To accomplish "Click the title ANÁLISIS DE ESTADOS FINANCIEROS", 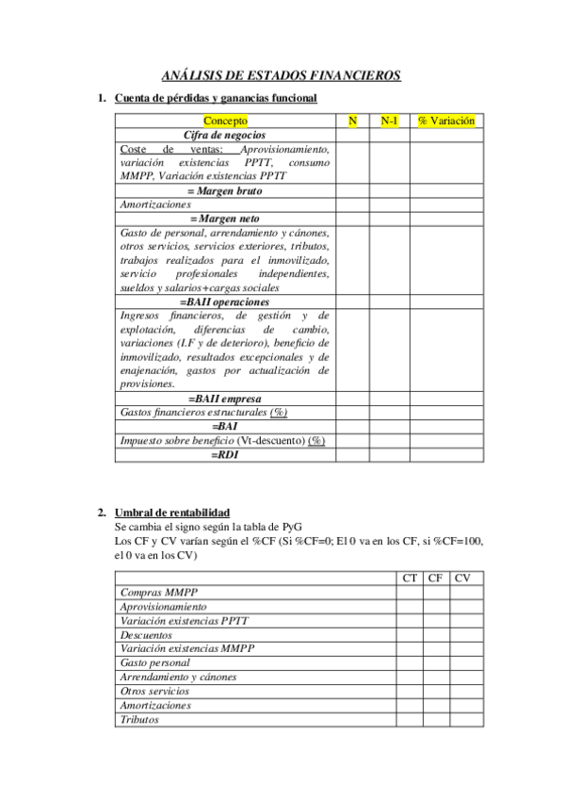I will click(282, 75).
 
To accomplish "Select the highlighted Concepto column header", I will click(225, 121).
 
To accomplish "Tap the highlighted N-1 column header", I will click(389, 121).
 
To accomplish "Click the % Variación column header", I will click(445, 121).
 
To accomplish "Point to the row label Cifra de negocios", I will click(225, 135).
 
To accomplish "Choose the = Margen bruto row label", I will click(225, 190).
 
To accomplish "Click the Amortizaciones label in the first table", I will click(155, 204).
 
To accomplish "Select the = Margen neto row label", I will click(225, 218).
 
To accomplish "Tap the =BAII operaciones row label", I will click(225, 302).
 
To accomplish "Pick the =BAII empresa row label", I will click(225, 399).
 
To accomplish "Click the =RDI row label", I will click(225, 454).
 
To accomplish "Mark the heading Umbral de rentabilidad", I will click(171, 512).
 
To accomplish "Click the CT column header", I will click(410, 578).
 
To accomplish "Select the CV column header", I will click(462, 578).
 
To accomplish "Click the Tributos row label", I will click(139, 720).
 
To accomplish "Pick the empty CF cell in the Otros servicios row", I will click(435, 692).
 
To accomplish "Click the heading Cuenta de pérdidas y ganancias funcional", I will click(216, 98).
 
